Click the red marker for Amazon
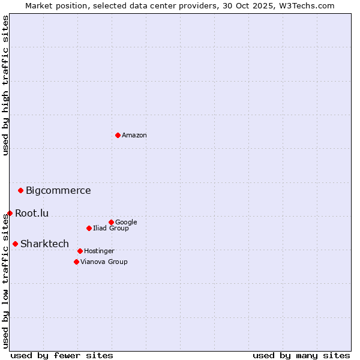118,135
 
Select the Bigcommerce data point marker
20,190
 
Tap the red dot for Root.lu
10,213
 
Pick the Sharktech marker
15,244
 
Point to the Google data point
111,222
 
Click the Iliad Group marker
89,228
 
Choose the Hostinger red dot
80,251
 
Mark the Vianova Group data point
76,262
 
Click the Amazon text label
134,136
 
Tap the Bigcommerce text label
58,191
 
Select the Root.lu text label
32,213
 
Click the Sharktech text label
44,244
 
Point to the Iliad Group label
111,229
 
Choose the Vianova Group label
104,262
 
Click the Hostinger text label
99,251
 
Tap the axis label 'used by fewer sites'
62,355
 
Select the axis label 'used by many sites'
301,355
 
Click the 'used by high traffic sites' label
5,86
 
